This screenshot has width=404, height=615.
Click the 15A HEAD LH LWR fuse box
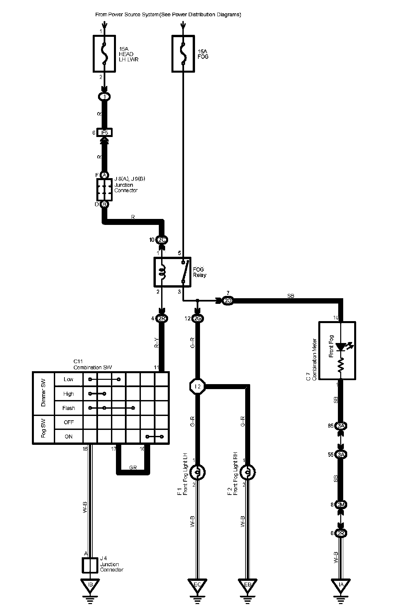[104, 53]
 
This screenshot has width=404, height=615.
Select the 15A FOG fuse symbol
[183, 53]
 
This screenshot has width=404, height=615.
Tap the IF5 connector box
[104, 133]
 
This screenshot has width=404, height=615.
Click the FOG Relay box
[172, 272]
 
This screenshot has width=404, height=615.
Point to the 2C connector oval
[162, 240]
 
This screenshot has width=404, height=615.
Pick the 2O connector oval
[228, 301]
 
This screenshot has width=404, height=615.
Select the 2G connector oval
[197, 318]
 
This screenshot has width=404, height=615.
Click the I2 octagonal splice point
[197, 386]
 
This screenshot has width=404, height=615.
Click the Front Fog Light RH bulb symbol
[248, 472]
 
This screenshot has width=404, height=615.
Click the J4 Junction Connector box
[90, 565]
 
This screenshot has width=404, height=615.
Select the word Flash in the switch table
[68, 408]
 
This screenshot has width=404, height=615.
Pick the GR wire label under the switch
[133, 468]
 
